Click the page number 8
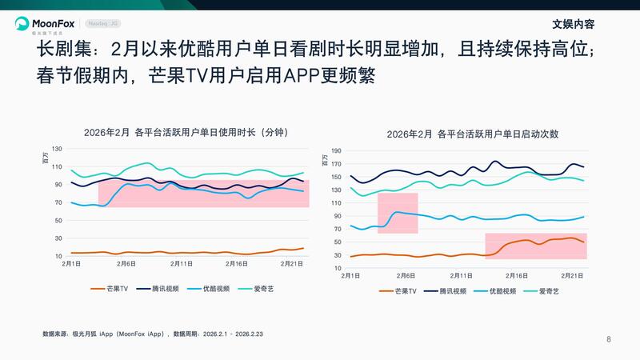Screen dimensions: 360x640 [609, 339]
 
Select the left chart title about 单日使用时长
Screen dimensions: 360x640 [185, 132]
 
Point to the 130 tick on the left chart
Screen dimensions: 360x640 [56, 150]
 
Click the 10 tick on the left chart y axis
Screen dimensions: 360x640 [58, 255]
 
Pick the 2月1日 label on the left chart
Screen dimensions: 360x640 [71, 263]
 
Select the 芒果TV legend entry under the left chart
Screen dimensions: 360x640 [113, 287]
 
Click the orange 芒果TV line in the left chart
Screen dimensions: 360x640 [160, 253]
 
